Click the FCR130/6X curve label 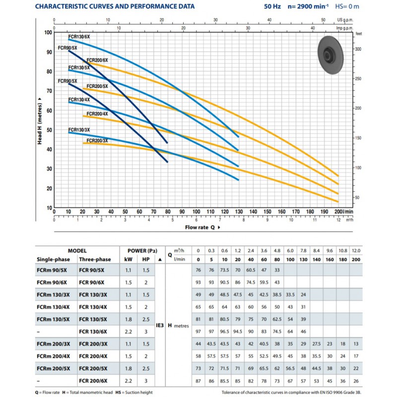click(x=79, y=37)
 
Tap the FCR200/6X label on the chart click(x=97, y=60)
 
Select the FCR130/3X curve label click(x=79, y=130)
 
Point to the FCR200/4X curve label click(x=97, y=114)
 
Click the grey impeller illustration click(x=331, y=55)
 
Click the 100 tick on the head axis click(x=48, y=32)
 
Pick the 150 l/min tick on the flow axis click(x=267, y=212)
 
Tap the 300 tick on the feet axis click(x=358, y=49)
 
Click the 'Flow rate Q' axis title click(x=200, y=227)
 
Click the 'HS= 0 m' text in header click(x=347, y=6)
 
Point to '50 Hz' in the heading click(x=272, y=6)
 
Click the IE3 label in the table click(x=160, y=326)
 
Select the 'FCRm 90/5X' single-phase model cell click(x=52, y=270)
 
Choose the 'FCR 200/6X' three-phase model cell click(x=93, y=381)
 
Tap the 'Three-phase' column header click(x=95, y=259)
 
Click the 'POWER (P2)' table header click(x=142, y=251)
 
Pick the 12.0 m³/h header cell click(x=356, y=251)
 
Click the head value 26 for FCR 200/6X click(x=356, y=381)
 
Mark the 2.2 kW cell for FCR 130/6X click(x=129, y=331)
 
